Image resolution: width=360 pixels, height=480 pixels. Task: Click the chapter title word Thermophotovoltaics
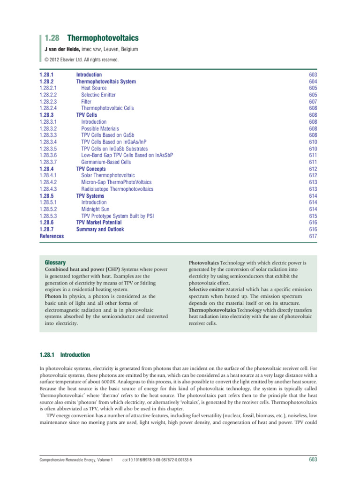coord(103,38)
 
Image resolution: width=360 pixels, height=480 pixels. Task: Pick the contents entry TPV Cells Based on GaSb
coord(110,135)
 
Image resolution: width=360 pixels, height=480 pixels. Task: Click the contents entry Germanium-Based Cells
coord(106,162)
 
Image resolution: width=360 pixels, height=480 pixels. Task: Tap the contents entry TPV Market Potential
coord(99,223)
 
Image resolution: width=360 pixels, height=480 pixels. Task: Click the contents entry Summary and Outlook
coord(100,230)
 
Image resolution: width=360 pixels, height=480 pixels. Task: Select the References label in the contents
coord(52,236)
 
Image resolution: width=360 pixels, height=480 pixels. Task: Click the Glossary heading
coord(55,262)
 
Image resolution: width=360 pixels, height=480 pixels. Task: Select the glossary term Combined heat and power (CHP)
coord(82,270)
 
